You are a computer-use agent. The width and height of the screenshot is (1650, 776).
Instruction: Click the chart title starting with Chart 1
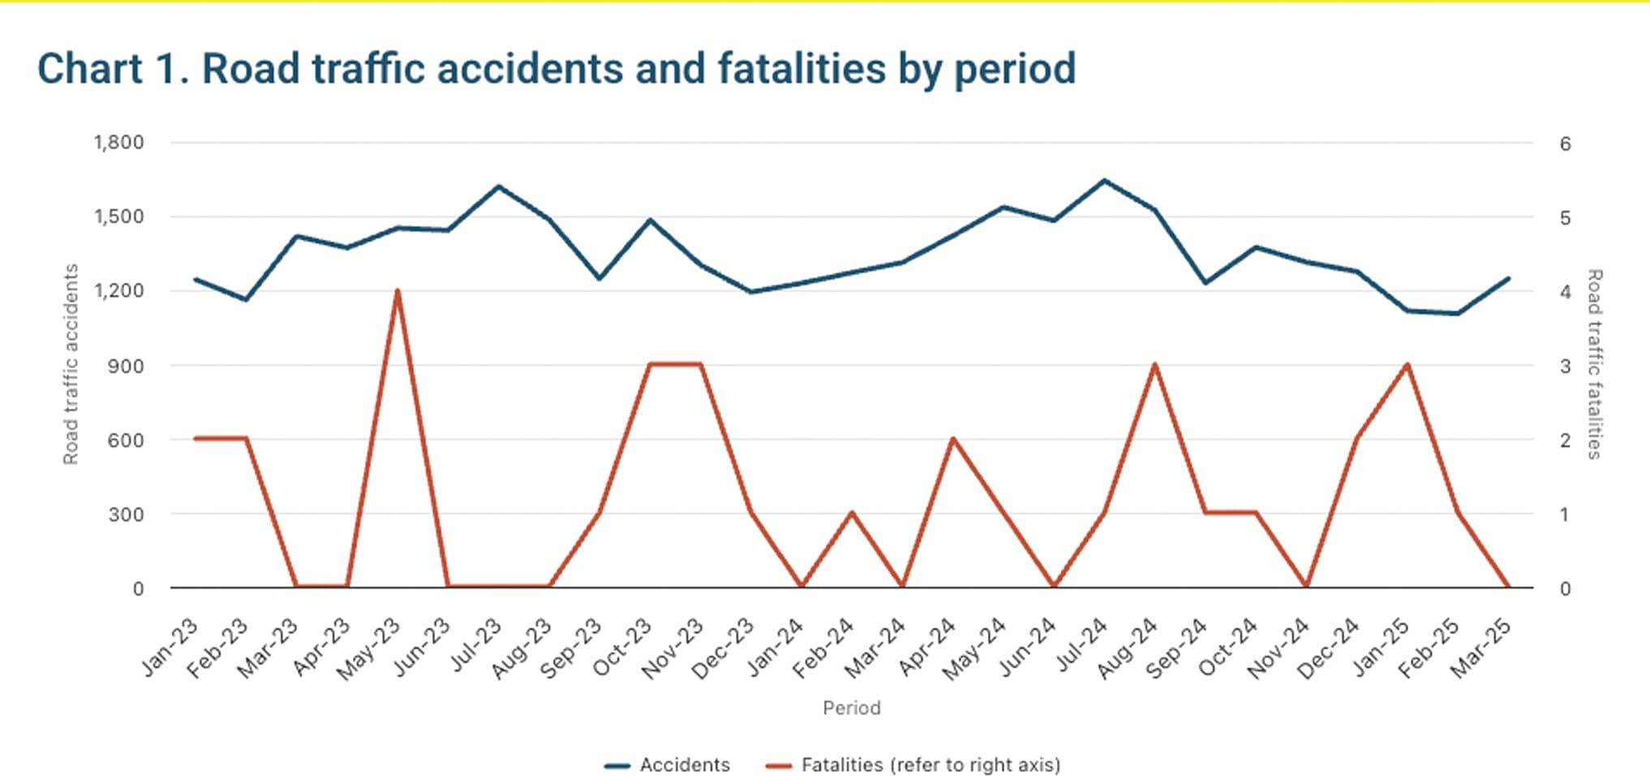(x=556, y=68)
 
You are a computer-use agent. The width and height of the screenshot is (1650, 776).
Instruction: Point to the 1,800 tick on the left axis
(x=118, y=143)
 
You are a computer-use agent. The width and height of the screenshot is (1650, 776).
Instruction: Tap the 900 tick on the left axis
(x=126, y=366)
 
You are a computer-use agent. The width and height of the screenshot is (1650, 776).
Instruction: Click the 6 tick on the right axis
(x=1565, y=144)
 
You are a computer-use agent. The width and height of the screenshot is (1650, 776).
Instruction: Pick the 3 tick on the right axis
(x=1565, y=367)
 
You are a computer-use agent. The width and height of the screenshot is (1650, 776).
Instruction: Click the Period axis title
(x=851, y=708)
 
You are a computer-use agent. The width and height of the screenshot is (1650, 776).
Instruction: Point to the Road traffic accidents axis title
(x=71, y=364)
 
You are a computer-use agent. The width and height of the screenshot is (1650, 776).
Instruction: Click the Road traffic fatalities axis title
(x=1594, y=364)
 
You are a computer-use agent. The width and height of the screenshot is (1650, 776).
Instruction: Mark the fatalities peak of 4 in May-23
(x=397, y=290)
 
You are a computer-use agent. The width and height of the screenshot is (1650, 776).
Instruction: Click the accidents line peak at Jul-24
(x=1104, y=180)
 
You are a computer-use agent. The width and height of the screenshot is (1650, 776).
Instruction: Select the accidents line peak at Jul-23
(x=498, y=186)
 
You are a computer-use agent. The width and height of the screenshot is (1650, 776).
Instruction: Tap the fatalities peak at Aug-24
(x=1154, y=365)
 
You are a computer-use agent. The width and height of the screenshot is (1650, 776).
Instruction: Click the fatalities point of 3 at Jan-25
(x=1407, y=365)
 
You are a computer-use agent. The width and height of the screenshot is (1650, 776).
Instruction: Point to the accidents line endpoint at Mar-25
(x=1508, y=278)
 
